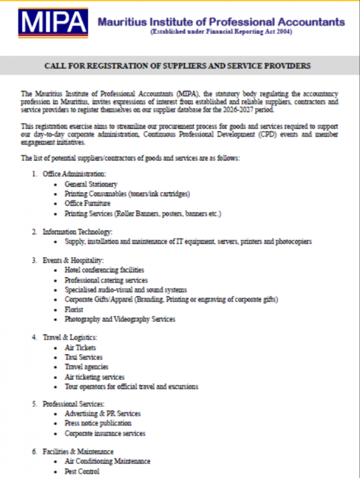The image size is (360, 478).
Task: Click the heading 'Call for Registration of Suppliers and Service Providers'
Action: pos(177,66)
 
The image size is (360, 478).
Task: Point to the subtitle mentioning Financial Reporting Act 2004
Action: pos(221,32)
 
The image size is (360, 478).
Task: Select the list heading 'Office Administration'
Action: pos(74,174)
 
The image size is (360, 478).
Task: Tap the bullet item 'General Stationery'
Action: pos(91,184)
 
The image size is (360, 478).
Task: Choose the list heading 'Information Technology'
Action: pos(77,232)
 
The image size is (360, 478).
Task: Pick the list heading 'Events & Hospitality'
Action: pos(73,261)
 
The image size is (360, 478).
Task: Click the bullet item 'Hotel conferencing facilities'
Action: pos(104,270)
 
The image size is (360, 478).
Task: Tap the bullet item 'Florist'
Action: pos(74,310)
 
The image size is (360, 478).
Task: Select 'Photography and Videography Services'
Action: pos(120,319)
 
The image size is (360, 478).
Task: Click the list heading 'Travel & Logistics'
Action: pos(70,337)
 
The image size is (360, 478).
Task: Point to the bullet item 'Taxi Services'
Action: pos(84,357)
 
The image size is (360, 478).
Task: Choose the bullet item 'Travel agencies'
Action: pos(86,367)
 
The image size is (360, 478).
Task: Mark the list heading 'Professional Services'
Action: pos(74,404)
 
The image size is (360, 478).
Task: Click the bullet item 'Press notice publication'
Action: pos(98,423)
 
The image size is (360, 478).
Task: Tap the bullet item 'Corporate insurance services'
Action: pos(105,433)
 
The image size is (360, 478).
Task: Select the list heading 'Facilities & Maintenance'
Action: pos(78,451)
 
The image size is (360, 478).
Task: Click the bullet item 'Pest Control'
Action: pos(82,471)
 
